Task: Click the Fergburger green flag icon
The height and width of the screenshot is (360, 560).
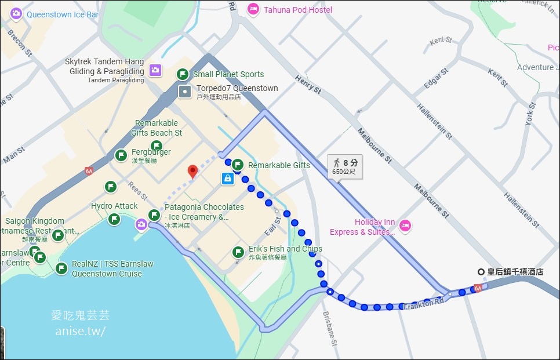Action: [x=121, y=155]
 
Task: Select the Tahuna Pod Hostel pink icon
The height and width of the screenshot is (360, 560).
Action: [x=253, y=9]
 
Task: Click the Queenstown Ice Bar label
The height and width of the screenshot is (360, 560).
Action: [x=63, y=14]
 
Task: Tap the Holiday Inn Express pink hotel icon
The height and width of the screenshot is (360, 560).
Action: [x=405, y=225]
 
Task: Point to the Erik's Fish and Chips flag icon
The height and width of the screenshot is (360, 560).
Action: [x=238, y=252]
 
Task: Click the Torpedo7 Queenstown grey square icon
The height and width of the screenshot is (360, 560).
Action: [x=184, y=90]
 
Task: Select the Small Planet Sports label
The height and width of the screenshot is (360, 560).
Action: [x=228, y=74]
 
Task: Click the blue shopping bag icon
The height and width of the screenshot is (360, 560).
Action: [x=228, y=179]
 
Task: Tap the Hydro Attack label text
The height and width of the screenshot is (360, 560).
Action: [x=114, y=206]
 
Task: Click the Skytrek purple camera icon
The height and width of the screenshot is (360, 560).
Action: [x=155, y=70]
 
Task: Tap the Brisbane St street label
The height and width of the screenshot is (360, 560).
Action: [x=329, y=328]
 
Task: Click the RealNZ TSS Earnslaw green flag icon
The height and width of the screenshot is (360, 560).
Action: [x=61, y=268]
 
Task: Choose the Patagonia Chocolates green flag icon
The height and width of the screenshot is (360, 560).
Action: [x=154, y=215]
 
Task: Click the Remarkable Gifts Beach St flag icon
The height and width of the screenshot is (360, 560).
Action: [x=157, y=146]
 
